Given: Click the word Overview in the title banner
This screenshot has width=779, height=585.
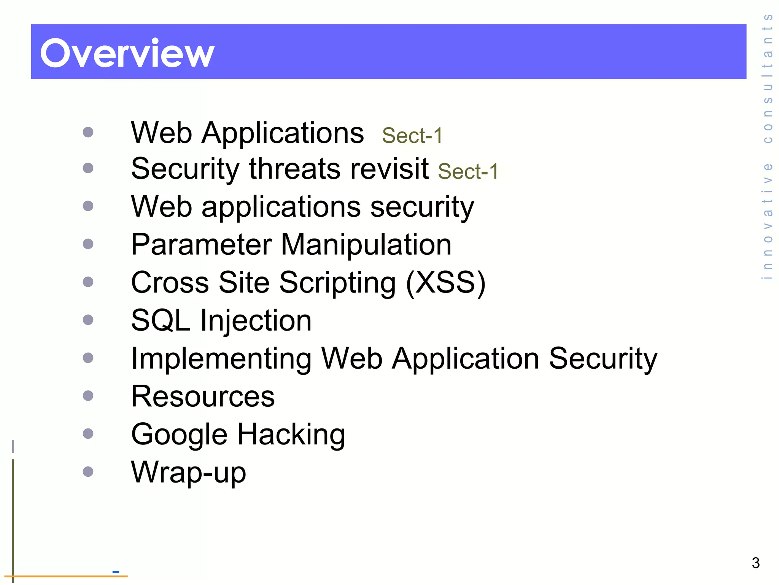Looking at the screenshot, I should click(x=127, y=53).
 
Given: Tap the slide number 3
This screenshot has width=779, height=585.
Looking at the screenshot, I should click(x=755, y=563).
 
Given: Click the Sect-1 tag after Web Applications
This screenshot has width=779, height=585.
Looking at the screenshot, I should click(x=412, y=136).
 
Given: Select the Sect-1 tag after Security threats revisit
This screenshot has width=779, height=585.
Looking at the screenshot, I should click(x=468, y=171).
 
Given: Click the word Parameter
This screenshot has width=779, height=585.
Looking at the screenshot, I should click(x=201, y=245).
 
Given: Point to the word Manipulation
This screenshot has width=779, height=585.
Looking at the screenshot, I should click(x=366, y=245).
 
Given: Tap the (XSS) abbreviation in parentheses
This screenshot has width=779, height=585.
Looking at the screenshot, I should click(x=446, y=283).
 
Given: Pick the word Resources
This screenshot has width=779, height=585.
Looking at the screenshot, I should click(x=202, y=396).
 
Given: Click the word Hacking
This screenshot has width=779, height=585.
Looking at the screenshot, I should click(x=291, y=434).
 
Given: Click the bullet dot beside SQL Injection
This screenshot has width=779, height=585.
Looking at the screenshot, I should click(x=88, y=320).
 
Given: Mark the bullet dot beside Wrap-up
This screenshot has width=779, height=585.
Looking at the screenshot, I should click(x=88, y=472).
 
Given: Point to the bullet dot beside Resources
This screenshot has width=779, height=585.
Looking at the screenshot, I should click(x=88, y=396).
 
